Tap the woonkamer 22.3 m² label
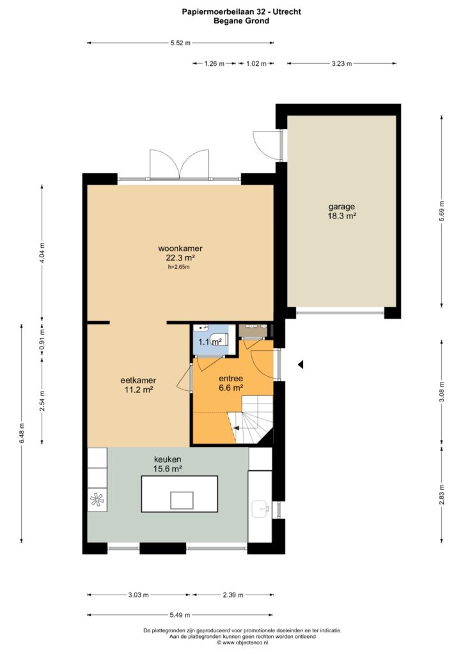pyautogui.click(x=180, y=253)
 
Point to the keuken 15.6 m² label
pyautogui.click(x=168, y=464)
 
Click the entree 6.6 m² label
pyautogui.click(x=231, y=383)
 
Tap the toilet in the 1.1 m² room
pyautogui.click(x=218, y=339)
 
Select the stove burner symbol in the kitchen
pyautogui.click(x=97, y=499)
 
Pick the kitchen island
pyautogui.click(x=180, y=494)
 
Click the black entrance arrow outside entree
pyautogui.click(x=300, y=365)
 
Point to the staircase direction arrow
pyautogui.click(x=237, y=428)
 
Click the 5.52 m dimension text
pyautogui.click(x=180, y=43)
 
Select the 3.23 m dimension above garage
pyautogui.click(x=341, y=63)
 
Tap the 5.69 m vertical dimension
pyautogui.click(x=442, y=211)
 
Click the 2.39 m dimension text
pyautogui.click(x=233, y=595)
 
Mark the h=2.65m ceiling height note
pyautogui.click(x=178, y=267)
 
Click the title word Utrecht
pyautogui.click(x=287, y=12)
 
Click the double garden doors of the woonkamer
pyautogui.click(x=180, y=165)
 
